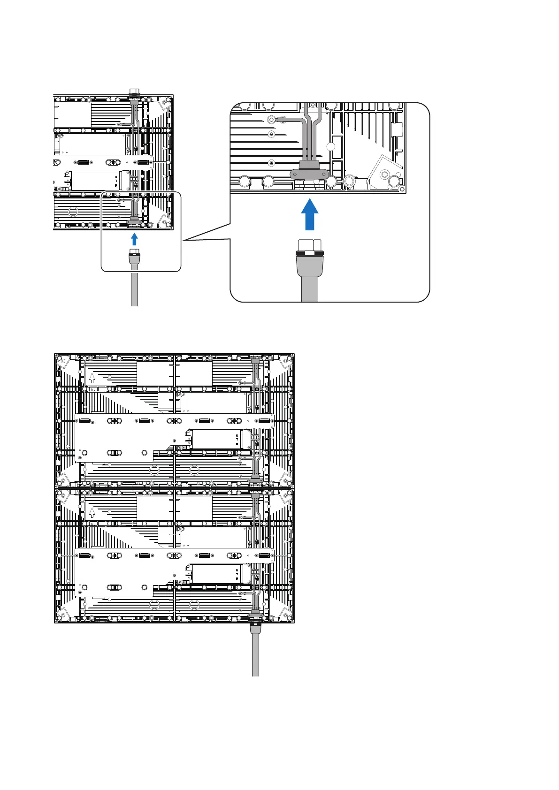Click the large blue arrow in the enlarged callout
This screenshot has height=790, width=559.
[309, 214]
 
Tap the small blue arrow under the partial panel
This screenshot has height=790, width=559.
[134, 239]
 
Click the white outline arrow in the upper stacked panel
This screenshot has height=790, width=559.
[92, 377]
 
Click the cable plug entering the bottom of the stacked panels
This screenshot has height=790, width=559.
[255, 628]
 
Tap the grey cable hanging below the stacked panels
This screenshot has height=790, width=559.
[255, 657]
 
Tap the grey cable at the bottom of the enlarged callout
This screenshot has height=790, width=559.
[309, 289]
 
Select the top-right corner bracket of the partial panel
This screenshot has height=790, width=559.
[165, 104]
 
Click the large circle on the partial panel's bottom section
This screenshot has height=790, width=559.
[73, 211]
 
